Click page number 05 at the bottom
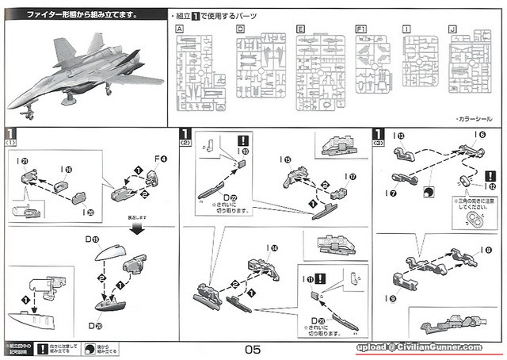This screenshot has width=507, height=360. coord(253,348)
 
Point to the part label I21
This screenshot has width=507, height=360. coord(23,160)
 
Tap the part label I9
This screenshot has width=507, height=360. coord(397,298)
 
